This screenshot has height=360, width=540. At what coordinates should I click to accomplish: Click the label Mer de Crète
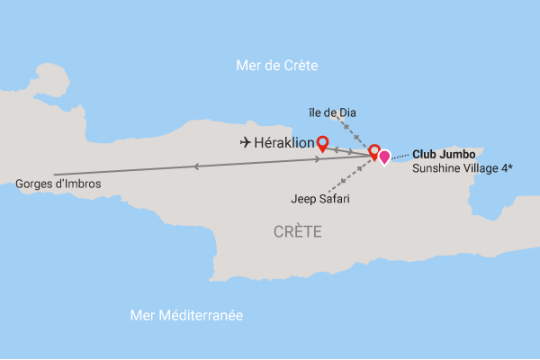pyautogui.click(x=277, y=66)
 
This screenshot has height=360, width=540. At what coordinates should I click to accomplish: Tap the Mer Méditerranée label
pyautogui.click(x=187, y=315)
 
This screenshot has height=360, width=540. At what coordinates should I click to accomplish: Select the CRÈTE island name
pyautogui.click(x=298, y=232)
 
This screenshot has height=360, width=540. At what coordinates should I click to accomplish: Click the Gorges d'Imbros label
pyautogui.click(x=58, y=184)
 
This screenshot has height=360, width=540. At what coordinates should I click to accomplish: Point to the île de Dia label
pyautogui.click(x=333, y=112)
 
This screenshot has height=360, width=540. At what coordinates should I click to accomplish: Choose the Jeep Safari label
pyautogui.click(x=320, y=199)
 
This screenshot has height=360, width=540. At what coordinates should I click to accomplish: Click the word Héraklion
pyautogui.click(x=284, y=142)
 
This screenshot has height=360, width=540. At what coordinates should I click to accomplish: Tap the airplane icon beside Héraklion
pyautogui.click(x=246, y=142)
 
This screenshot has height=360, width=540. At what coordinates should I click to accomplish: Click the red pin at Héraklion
pyautogui.click(x=322, y=141)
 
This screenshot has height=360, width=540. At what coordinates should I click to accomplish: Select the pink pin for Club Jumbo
pyautogui.click(x=384, y=157)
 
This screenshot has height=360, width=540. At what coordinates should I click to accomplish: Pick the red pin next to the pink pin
pyautogui.click(x=373, y=151)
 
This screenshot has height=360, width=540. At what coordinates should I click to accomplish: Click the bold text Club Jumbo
pyautogui.click(x=444, y=154)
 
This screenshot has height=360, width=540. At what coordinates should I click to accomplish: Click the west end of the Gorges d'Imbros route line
pyautogui.click(x=55, y=174)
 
